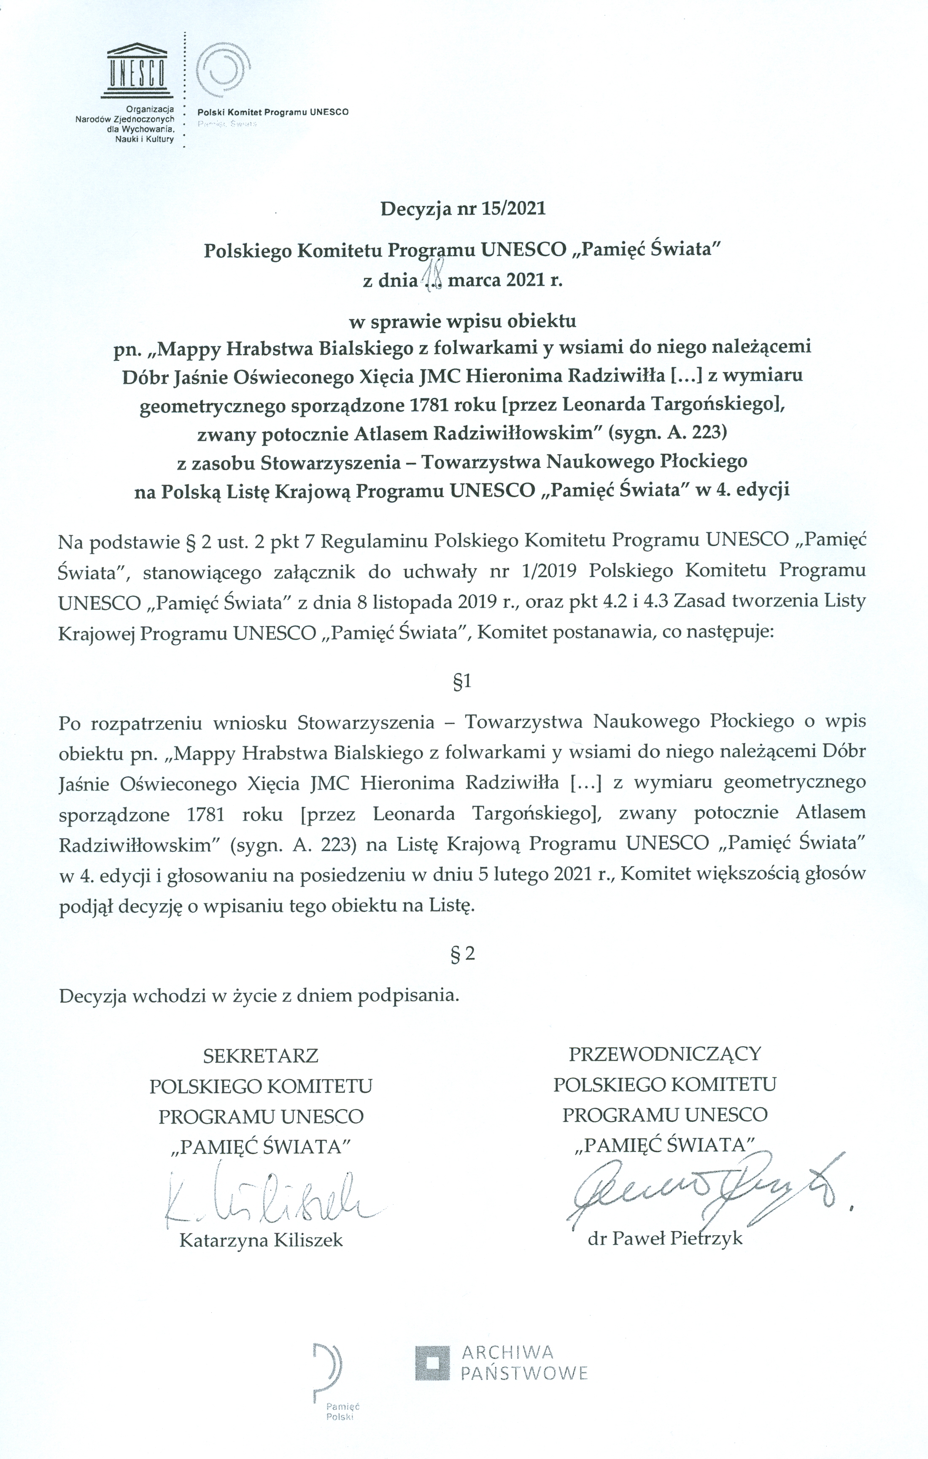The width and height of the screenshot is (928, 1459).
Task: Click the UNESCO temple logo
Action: [x=138, y=71]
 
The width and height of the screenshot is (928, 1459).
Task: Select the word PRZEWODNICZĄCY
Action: [x=664, y=1054]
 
